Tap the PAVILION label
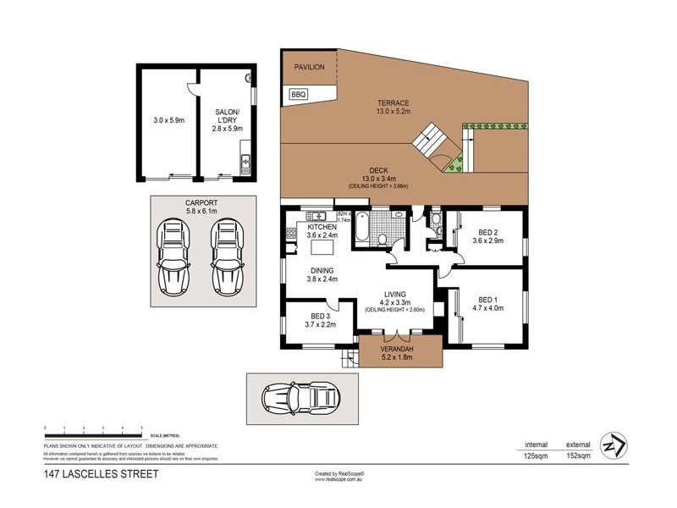(309, 67)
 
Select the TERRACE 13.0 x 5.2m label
(392, 105)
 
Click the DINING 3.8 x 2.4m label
(322, 274)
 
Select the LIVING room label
(394, 297)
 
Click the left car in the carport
(174, 251)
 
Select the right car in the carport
(227, 251)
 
